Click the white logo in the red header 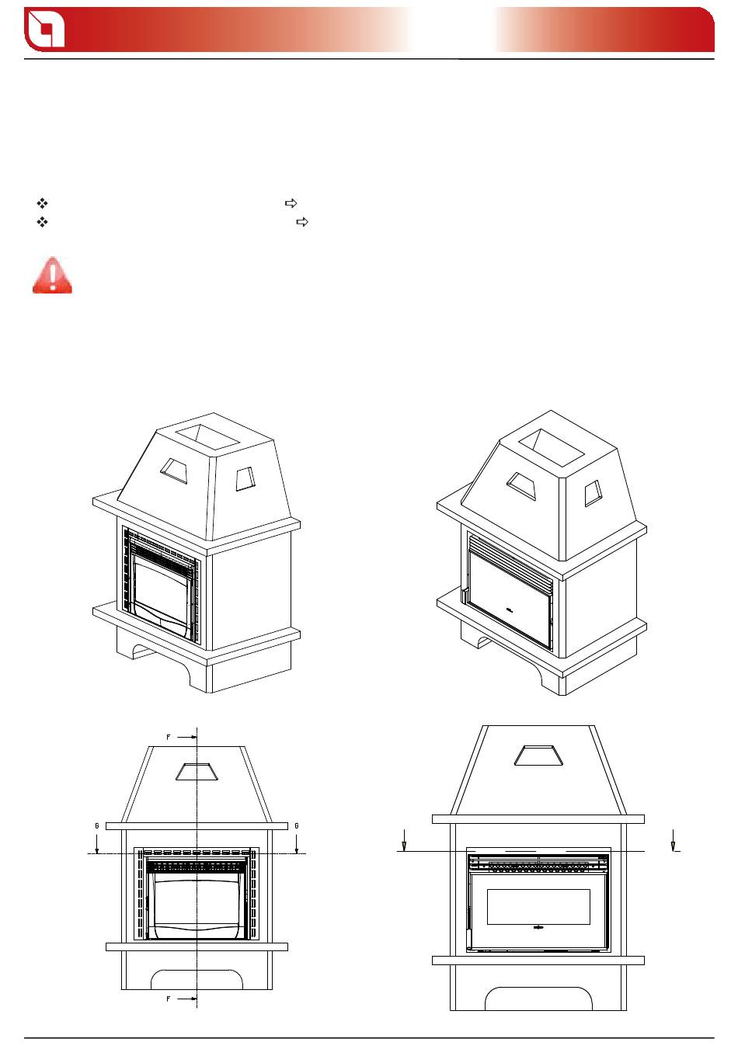45,30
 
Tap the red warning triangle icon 52,275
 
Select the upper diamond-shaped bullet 42,203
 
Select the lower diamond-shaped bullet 42,221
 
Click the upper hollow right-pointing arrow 291,203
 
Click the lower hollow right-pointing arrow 302,221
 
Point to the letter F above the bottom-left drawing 168,737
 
